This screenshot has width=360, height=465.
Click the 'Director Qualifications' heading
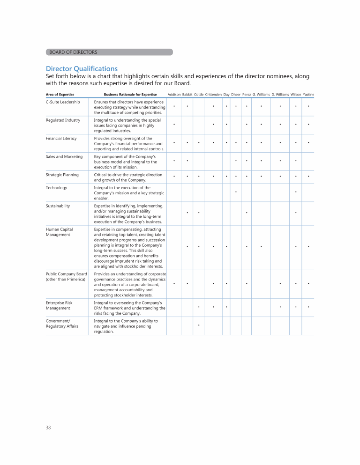pyautogui.click(x=82, y=68)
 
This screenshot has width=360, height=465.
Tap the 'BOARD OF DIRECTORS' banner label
pyautogui.click(x=73, y=52)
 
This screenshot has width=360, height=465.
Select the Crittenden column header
pyautogui.click(x=213, y=95)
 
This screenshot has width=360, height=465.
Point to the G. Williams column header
pyautogui.click(x=261, y=95)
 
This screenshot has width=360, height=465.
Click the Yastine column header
pyautogui.click(x=308, y=95)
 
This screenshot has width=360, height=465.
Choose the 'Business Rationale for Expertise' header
pyautogui.click(x=130, y=95)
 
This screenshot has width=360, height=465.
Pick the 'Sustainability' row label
pyautogui.click(x=58, y=206)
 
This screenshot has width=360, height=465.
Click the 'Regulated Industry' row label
pyautogui.click(x=63, y=120)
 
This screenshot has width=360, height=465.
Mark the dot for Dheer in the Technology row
pyautogui.click(x=236, y=192)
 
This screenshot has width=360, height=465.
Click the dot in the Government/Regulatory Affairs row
pyautogui.click(x=199, y=325)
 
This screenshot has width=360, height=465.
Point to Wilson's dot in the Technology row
pyautogui.click(x=296, y=192)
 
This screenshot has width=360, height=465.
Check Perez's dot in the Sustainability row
pyautogui.click(x=247, y=213)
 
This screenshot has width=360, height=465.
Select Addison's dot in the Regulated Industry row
pyautogui.click(x=174, y=125)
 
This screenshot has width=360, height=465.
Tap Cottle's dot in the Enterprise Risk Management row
pyautogui.click(x=199, y=307)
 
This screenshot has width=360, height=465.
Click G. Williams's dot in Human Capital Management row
pyautogui.click(x=261, y=246)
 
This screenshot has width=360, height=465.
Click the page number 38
pyautogui.click(x=49, y=428)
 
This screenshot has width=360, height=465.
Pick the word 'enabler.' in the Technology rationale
pyautogui.click(x=102, y=198)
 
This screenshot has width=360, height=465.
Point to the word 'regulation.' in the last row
pyautogui.click(x=104, y=332)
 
